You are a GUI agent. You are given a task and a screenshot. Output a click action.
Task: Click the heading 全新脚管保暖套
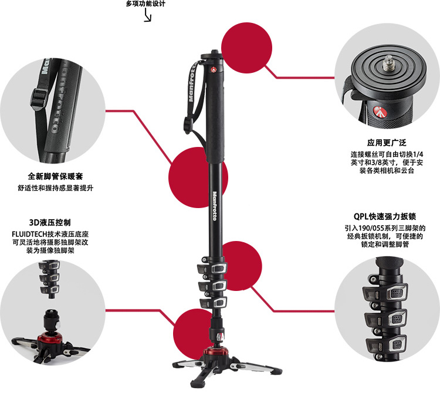click(x=55, y=176)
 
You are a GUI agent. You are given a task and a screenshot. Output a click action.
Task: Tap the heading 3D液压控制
click(x=50, y=222)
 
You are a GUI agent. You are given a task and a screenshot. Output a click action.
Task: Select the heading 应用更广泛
click(x=387, y=143)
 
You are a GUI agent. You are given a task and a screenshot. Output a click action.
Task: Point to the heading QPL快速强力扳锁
click(x=385, y=216)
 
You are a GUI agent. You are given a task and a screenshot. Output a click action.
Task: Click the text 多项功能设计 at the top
click(x=145, y=4)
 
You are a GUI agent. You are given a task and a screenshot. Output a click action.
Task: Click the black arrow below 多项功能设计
click(x=148, y=15)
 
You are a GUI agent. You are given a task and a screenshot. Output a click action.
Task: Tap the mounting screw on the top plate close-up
click(x=388, y=63)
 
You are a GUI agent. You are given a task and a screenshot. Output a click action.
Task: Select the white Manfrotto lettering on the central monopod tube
click(x=214, y=206)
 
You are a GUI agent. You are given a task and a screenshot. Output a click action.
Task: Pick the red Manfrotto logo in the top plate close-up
click(x=380, y=112)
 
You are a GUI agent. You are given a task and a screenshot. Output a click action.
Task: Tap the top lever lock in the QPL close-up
click(x=385, y=293)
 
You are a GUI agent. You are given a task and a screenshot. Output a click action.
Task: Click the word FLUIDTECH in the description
click(x=29, y=234)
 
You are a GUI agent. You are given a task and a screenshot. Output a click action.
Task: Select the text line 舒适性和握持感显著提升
click(x=56, y=188)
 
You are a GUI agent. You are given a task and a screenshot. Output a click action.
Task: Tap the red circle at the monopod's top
click(x=246, y=48)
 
